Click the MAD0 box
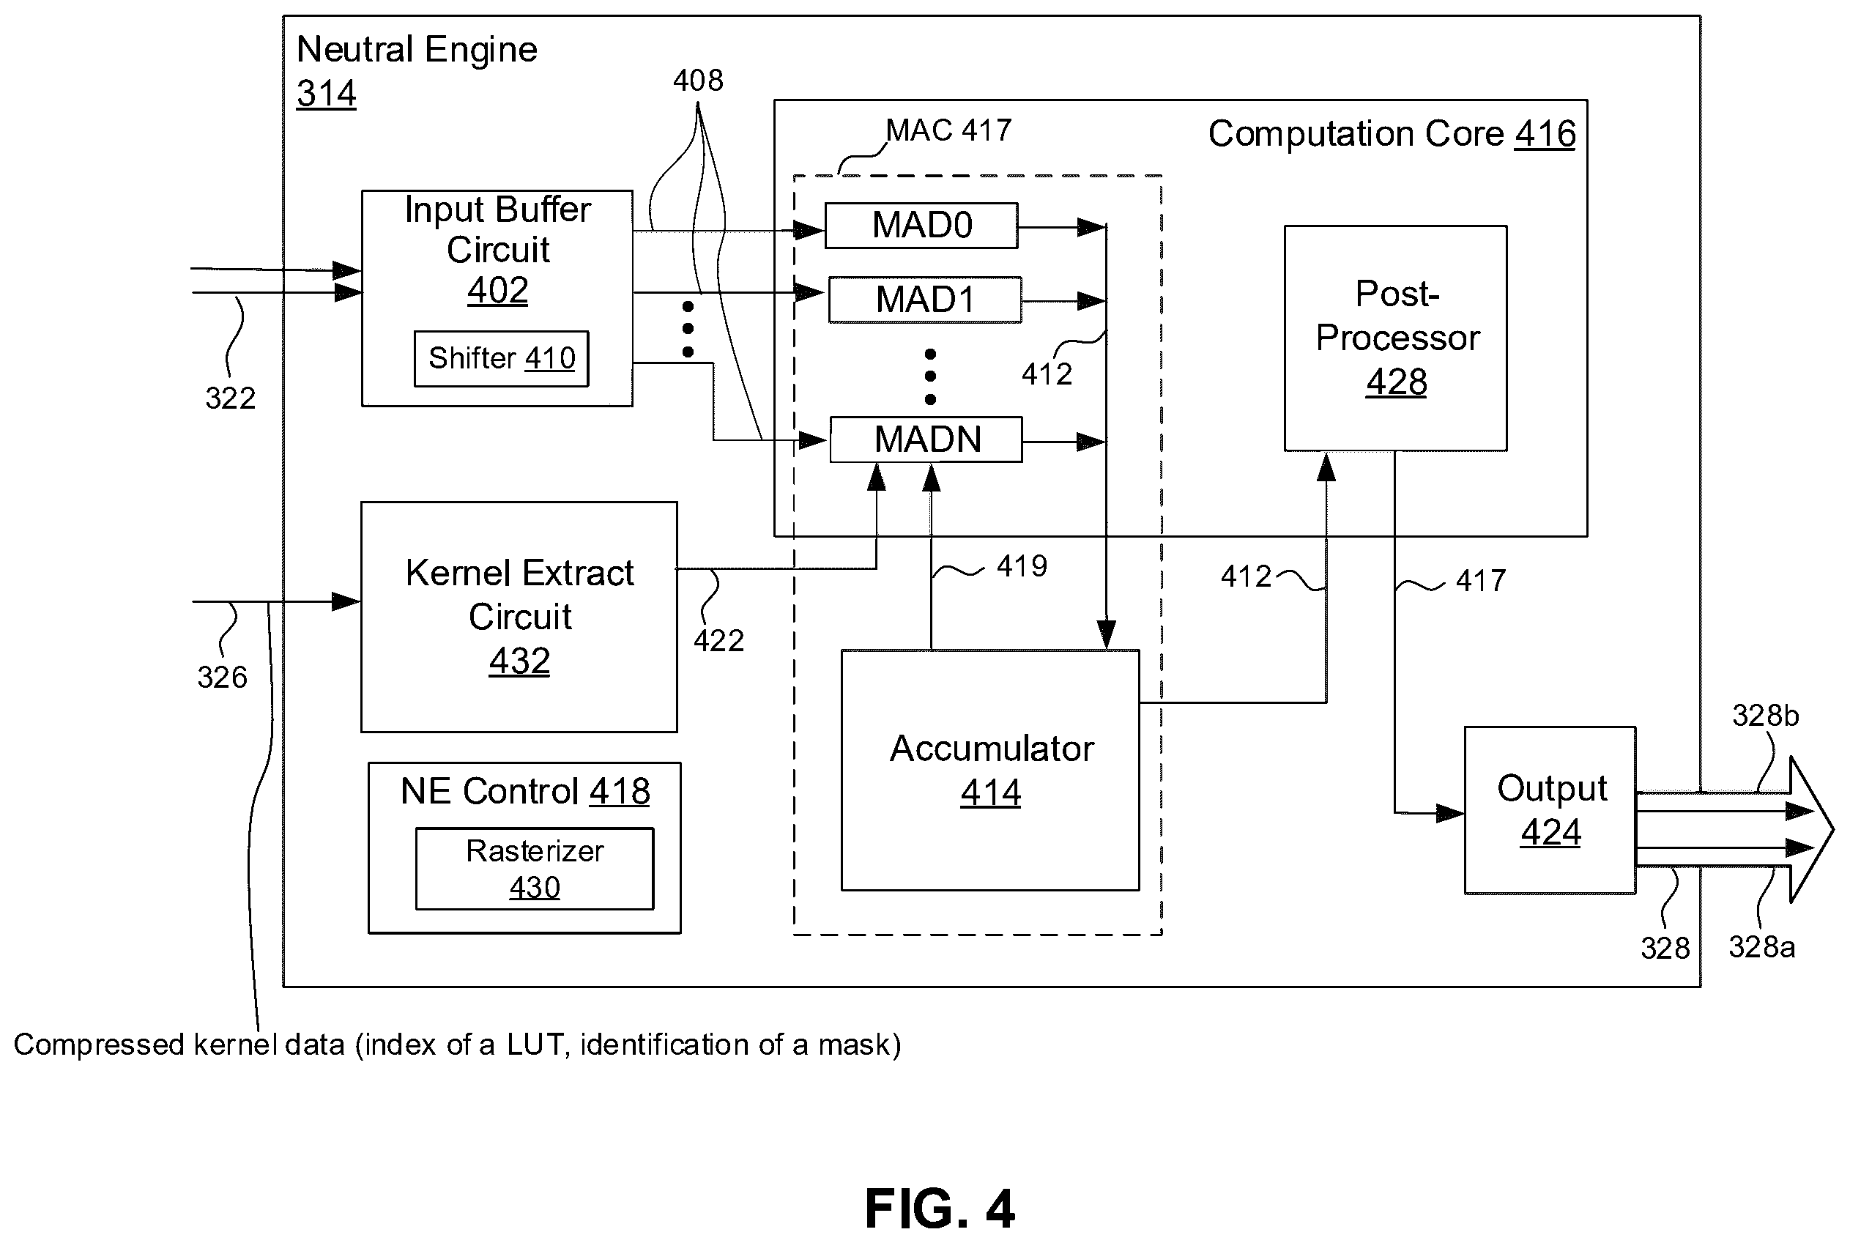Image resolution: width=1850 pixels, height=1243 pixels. [921, 226]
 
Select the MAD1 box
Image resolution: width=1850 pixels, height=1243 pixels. [925, 300]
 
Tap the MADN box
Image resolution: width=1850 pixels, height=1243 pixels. [926, 439]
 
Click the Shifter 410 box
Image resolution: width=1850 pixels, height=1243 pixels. [501, 358]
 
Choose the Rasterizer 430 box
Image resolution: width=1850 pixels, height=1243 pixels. [534, 868]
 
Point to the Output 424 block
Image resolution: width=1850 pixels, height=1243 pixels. [1550, 810]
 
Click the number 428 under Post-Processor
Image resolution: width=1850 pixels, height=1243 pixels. [1396, 382]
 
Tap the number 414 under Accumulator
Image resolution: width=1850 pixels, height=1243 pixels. [990, 792]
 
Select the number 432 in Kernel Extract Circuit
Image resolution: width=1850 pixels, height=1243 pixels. [519, 661]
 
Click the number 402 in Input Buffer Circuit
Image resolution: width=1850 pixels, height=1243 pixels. [497, 290]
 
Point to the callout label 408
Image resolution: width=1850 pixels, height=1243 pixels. [697, 81]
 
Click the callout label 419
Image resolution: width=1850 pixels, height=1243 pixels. [1022, 566]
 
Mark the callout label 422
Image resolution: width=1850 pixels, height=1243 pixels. [719, 640]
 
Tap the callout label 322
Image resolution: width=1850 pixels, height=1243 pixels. [230, 398]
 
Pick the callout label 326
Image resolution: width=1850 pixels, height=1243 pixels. [222, 677]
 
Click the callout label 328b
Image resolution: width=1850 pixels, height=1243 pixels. [1765, 716]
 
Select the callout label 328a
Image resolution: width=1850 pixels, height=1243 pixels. [1761, 947]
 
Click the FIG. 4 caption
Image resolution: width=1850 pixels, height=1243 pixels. [939, 1209]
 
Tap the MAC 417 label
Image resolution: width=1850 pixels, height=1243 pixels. [948, 130]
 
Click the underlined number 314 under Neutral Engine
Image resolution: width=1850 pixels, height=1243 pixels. [326, 94]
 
